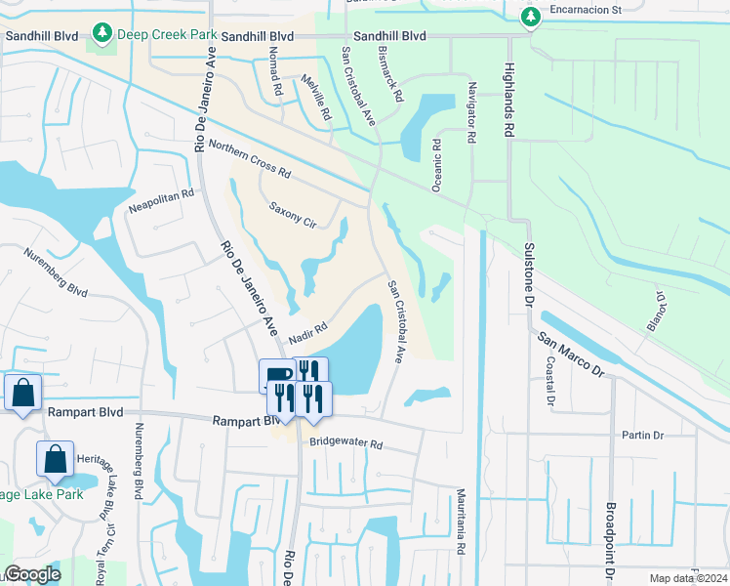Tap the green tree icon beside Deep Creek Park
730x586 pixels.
102,35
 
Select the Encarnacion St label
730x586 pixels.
588,12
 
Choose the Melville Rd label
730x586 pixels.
317,98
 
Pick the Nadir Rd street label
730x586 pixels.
305,333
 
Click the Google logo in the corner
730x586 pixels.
32,574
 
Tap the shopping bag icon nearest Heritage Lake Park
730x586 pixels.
56,458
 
